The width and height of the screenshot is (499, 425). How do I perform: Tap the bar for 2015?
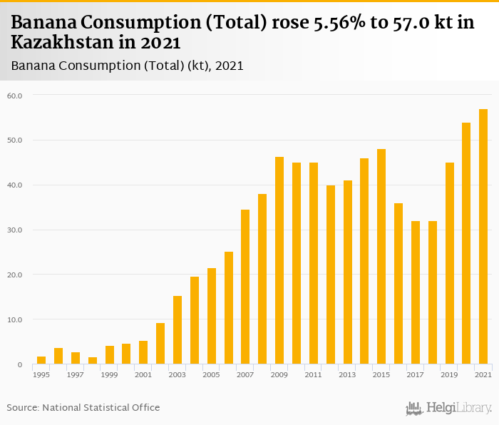click(x=381, y=257)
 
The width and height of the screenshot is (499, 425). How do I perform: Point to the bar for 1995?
click(x=41, y=360)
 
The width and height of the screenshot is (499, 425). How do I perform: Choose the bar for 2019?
click(x=449, y=263)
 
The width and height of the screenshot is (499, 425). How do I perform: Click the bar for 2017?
click(x=416, y=292)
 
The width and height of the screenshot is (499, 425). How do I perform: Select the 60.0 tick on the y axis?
click(x=15, y=96)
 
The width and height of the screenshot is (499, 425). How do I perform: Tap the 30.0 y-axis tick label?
click(x=15, y=230)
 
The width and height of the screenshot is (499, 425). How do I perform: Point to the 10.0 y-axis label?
click(x=15, y=320)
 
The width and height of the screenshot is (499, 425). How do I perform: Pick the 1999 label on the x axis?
click(x=109, y=374)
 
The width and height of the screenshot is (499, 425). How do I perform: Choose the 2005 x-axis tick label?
click(x=212, y=374)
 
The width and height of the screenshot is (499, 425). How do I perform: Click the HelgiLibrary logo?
click(x=449, y=408)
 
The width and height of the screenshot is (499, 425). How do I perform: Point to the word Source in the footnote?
click(x=23, y=407)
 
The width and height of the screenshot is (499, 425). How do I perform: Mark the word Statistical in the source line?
click(x=105, y=407)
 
